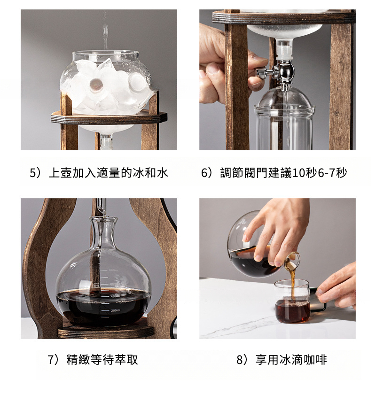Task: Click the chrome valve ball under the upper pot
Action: [x=286, y=71]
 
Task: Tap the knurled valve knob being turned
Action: [x=260, y=73]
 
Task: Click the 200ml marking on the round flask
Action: [x=115, y=311]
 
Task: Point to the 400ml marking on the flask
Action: [x=114, y=296]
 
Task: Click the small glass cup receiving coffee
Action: [x=292, y=301]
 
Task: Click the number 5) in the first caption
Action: [x=35, y=173]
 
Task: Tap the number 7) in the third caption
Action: [x=53, y=359]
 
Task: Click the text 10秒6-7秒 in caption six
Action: [x=320, y=173]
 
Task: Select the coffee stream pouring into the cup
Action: [x=293, y=286]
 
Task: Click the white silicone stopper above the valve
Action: [x=285, y=51]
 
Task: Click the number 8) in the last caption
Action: [x=242, y=359]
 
